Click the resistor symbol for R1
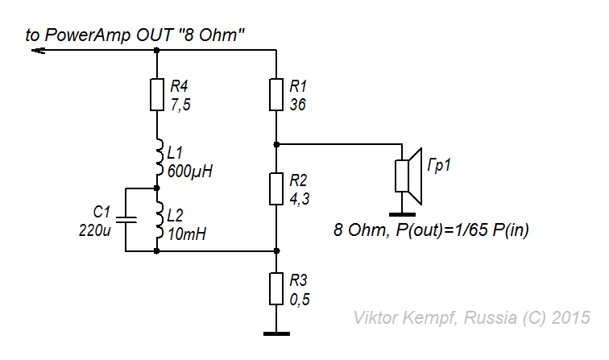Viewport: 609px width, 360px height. (276, 94)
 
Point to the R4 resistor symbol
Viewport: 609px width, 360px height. (156, 94)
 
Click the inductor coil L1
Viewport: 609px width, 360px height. (158, 159)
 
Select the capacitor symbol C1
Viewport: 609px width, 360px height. (126, 219)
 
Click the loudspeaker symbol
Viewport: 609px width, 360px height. (409, 176)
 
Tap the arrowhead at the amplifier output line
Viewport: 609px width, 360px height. (37, 50)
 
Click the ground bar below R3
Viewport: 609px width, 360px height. (276, 333)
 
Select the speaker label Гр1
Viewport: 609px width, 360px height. (438, 166)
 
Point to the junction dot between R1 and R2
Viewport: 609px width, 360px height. (276, 145)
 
